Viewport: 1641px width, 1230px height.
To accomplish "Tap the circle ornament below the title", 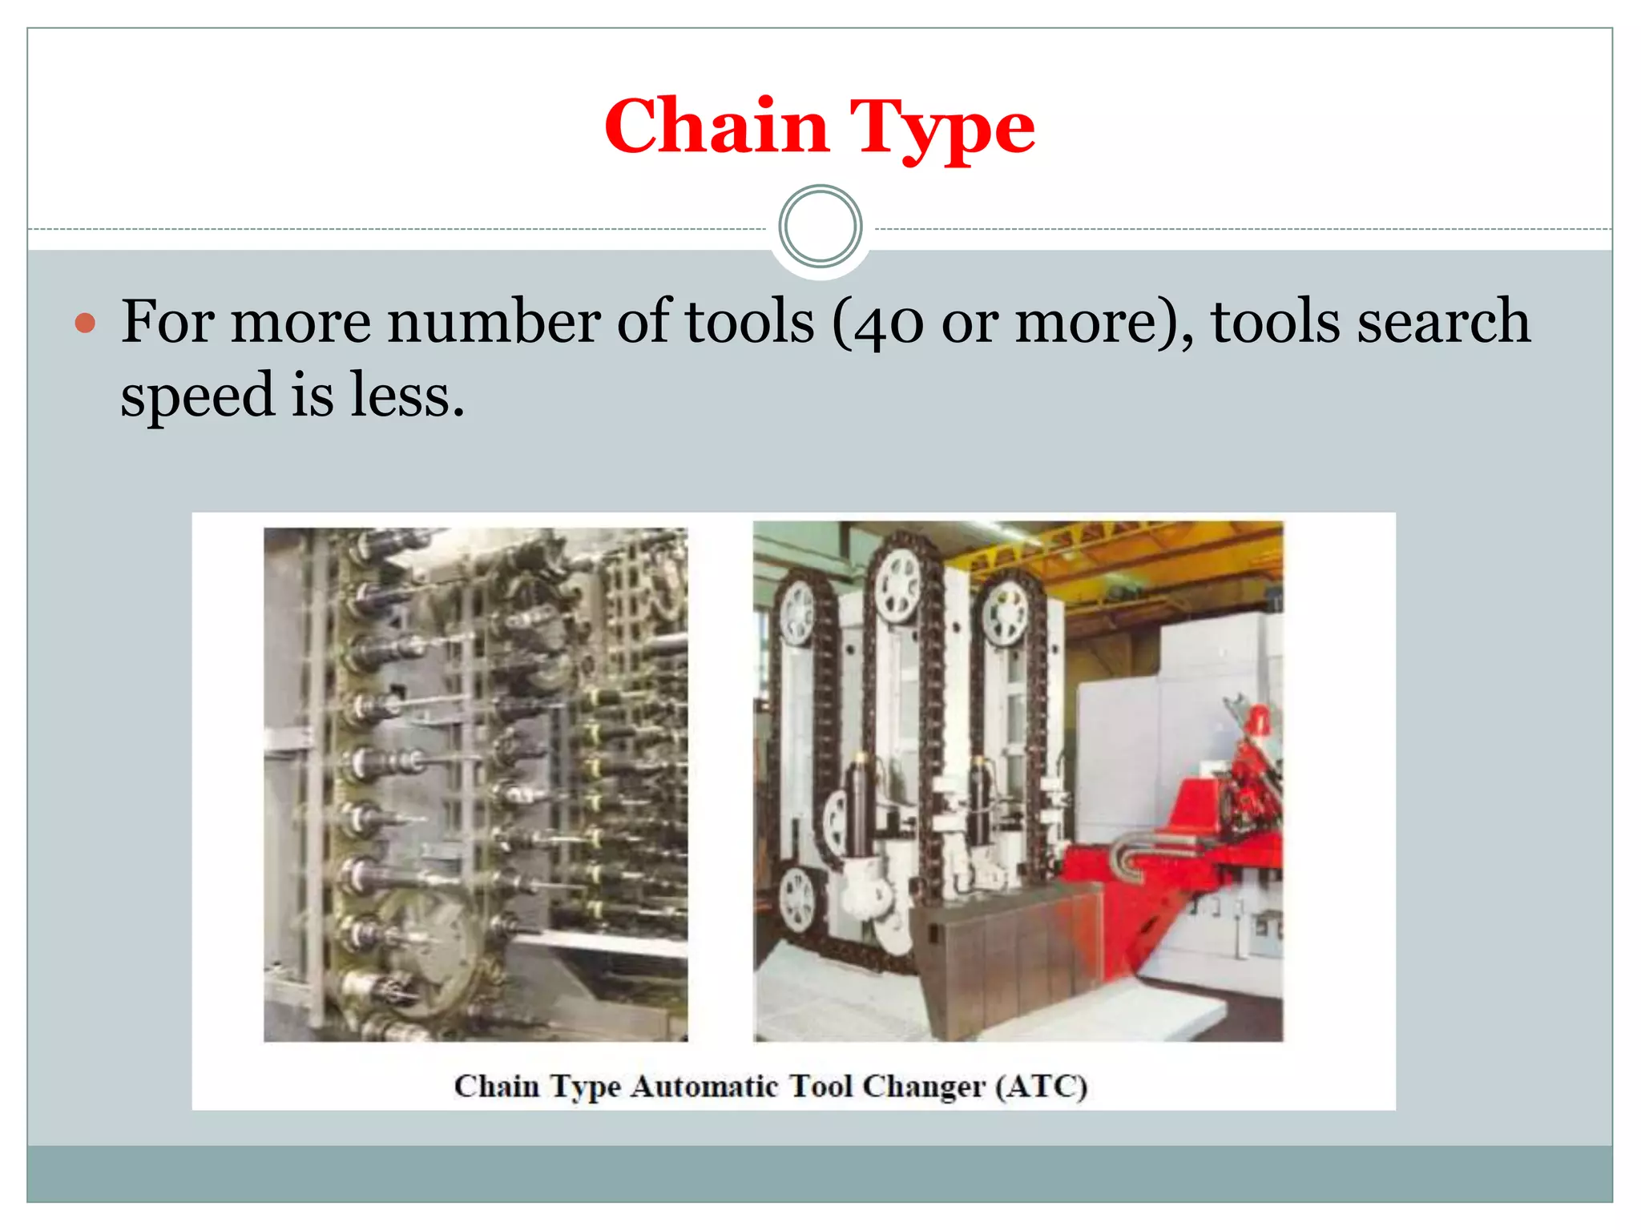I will [x=820, y=227].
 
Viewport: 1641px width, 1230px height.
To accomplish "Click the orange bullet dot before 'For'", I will [x=85, y=324].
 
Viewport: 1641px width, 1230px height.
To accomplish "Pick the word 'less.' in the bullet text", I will [x=407, y=395].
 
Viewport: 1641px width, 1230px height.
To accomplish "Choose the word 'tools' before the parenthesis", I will [x=749, y=321].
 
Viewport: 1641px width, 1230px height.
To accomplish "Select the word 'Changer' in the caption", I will [x=924, y=1087].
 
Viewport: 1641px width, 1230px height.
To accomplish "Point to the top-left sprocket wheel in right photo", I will [x=797, y=613].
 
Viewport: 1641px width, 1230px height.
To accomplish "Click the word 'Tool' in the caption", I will [x=821, y=1087].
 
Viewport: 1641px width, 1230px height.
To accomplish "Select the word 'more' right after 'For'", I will [x=300, y=321].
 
